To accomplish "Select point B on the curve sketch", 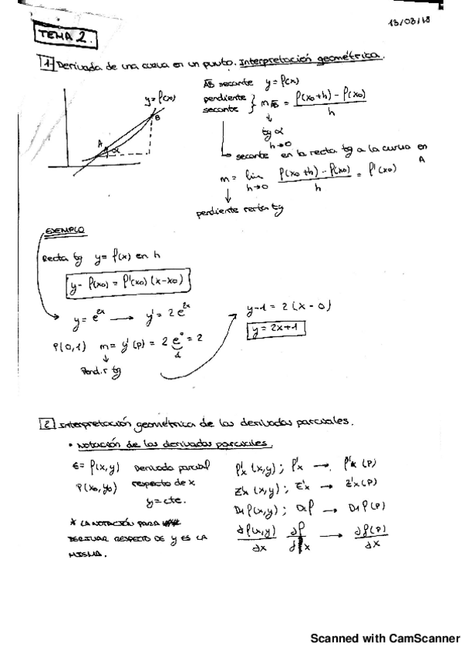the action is (x=157, y=118).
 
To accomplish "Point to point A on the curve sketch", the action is (x=100, y=143).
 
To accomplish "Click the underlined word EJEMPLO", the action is (x=65, y=231).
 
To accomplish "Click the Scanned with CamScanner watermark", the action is (x=384, y=639).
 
